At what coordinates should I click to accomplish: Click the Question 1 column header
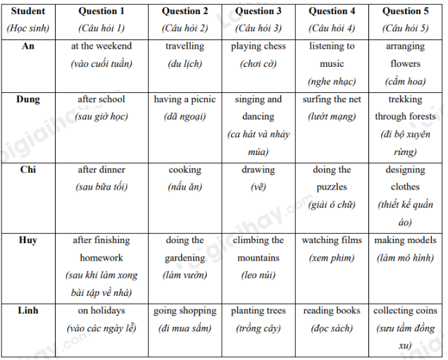[x=101, y=11]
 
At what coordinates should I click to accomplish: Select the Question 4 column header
[x=332, y=11]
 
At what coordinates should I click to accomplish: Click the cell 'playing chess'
[x=259, y=46]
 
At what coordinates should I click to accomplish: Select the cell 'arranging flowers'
[x=405, y=55]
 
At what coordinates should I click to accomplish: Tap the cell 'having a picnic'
[x=185, y=99]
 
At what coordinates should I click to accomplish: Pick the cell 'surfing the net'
[x=332, y=99]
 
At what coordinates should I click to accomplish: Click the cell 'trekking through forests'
[x=405, y=108]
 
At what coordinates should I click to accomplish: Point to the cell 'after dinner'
[x=101, y=170]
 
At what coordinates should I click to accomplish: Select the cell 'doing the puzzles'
[x=332, y=178]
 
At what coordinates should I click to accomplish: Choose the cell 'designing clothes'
[x=405, y=178]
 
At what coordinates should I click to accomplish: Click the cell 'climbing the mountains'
[x=259, y=249]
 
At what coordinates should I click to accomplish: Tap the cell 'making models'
[x=405, y=240]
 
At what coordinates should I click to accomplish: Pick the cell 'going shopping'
[x=185, y=311]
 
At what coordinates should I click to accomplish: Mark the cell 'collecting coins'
[x=405, y=311]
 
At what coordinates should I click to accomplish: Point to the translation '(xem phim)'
[x=332, y=258]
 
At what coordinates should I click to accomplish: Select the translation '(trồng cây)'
[x=259, y=328]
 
